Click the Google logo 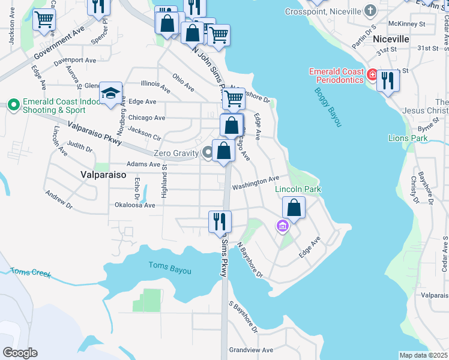(20, 353)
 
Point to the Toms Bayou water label (170, 268)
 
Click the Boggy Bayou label (328, 107)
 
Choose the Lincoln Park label (298, 190)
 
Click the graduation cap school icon (111, 94)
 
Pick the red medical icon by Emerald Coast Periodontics (372, 75)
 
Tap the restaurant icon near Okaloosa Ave (219, 221)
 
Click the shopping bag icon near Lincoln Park (294, 208)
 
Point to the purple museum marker (282, 226)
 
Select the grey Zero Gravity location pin (208, 152)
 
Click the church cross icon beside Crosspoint (371, 10)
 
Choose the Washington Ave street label (256, 182)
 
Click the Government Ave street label (59, 44)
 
